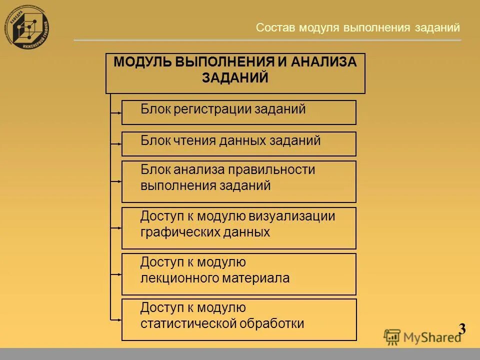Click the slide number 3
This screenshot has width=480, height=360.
click(x=462, y=329)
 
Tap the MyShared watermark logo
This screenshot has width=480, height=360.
click(x=423, y=336)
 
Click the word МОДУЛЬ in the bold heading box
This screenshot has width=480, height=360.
click(x=142, y=62)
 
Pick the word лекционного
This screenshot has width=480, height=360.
click(x=179, y=278)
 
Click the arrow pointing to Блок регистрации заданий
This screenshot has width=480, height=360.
click(x=116, y=113)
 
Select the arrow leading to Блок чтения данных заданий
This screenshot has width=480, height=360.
click(x=116, y=144)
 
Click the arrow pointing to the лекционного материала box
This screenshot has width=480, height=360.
click(x=116, y=274)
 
